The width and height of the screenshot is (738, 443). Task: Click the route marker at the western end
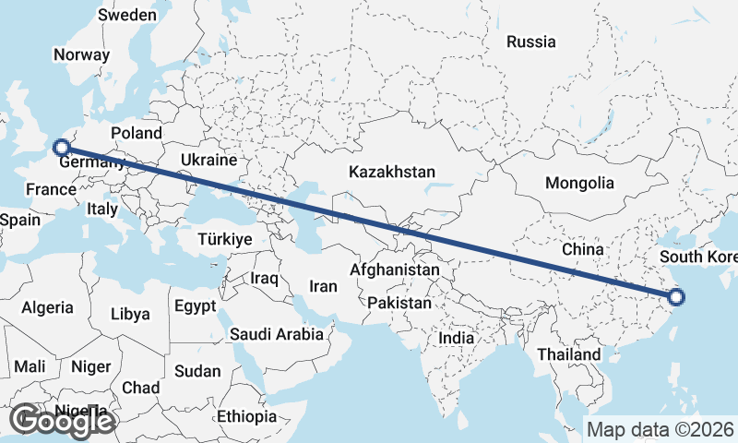click(61, 147)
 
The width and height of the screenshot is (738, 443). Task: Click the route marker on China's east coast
click(676, 297)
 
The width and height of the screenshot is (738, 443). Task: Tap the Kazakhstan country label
click(391, 172)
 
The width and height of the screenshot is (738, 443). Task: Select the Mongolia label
click(578, 183)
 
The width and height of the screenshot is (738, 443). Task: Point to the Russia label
click(531, 42)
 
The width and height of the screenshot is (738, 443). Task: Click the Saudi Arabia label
click(277, 334)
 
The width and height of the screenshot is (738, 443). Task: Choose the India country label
click(456, 338)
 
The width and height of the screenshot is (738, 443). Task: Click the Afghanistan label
click(395, 270)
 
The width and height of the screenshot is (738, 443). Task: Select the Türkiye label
click(225, 239)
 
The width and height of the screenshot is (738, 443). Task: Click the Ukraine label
click(208, 160)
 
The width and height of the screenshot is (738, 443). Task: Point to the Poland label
click(136, 132)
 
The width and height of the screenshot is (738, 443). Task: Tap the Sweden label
click(126, 16)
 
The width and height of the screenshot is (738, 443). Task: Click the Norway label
click(81, 54)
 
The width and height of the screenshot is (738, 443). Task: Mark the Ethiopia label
click(246, 416)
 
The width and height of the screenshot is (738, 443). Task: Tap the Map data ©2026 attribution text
click(661, 429)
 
